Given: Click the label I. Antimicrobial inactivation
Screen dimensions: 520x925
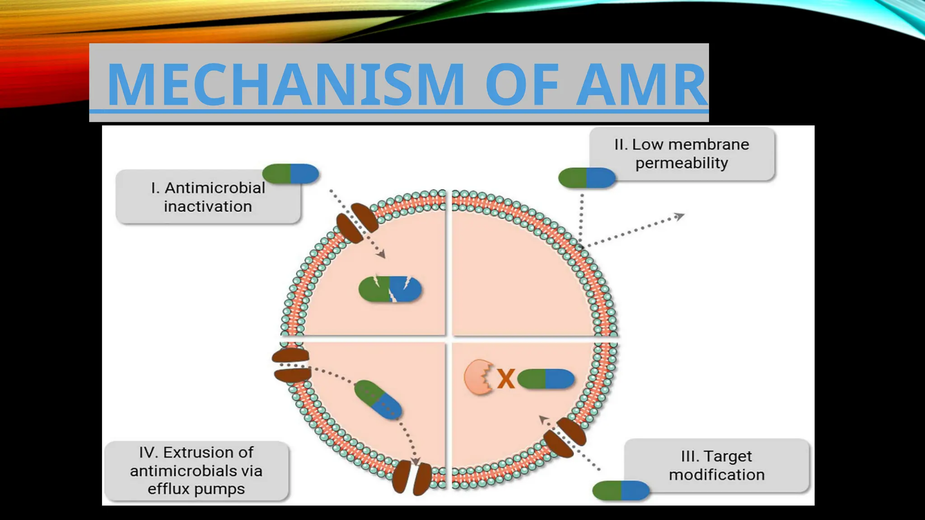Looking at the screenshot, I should click(208, 197).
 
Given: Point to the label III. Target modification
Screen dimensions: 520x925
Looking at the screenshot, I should click(716, 465).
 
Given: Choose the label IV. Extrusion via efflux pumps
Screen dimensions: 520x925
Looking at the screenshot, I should click(196, 471).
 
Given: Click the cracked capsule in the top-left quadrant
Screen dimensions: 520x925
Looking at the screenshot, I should click(390, 289).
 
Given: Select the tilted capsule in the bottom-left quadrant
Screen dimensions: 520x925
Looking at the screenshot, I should click(378, 399).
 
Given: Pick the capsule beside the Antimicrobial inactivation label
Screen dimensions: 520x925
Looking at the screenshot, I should click(290, 173).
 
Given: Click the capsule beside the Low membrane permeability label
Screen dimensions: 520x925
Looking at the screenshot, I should click(586, 178).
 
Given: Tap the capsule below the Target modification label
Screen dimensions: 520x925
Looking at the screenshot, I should click(621, 491).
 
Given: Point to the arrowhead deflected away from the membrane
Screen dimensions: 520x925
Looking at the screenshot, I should click(679, 217).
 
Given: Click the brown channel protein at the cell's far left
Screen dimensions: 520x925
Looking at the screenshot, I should click(291, 365).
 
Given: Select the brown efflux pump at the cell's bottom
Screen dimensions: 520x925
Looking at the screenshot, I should click(412, 478).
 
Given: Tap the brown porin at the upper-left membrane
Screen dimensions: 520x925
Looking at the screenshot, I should click(357, 222).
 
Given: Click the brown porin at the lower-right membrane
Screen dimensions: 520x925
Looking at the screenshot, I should click(565, 437).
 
